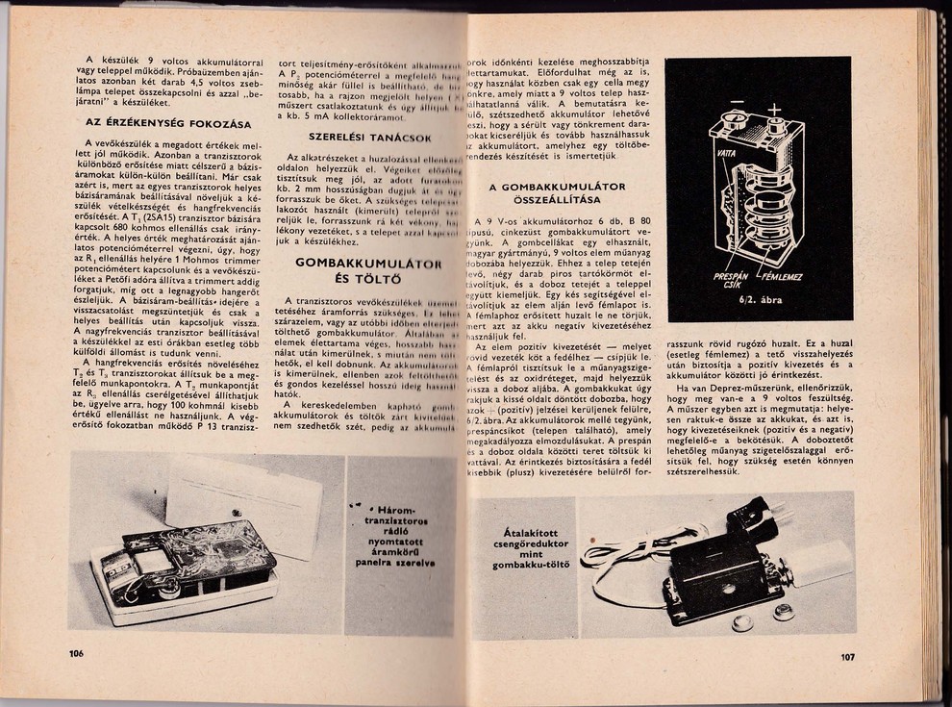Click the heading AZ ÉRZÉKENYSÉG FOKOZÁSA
click(x=168, y=124)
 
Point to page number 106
click(x=77, y=653)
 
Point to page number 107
click(x=846, y=658)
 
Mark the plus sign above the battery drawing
click(x=772, y=108)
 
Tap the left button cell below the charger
click(x=742, y=622)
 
